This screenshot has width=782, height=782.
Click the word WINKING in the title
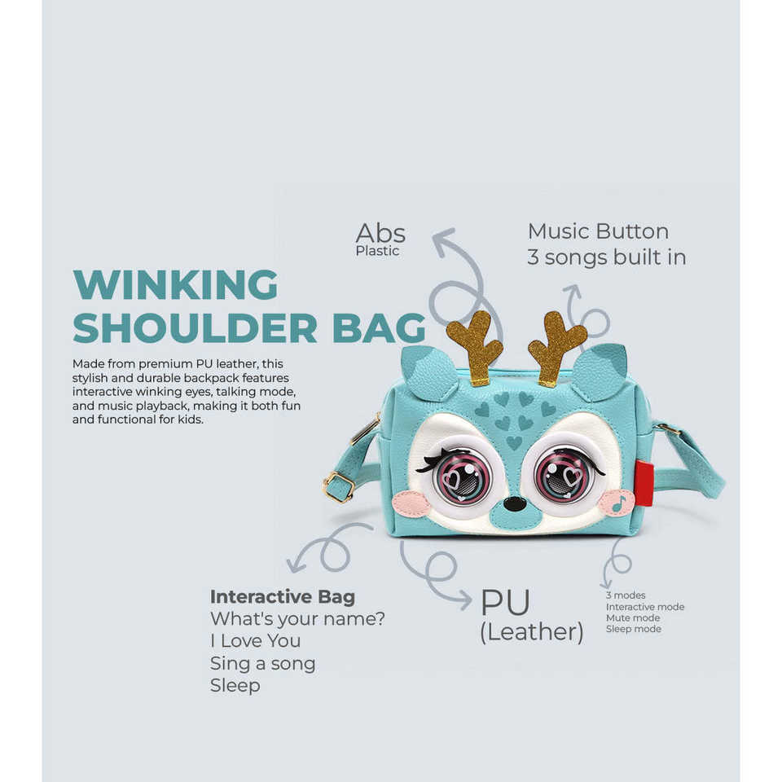coord(175,285)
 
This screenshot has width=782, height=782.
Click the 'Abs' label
coord(380,233)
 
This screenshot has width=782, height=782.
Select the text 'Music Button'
coord(598,231)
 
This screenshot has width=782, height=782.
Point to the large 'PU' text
coord(505,603)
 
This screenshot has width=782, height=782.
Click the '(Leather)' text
coord(531,632)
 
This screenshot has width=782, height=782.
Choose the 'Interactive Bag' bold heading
coord(282,597)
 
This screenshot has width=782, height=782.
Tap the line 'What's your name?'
coord(297,619)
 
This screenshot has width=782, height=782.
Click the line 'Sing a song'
coord(262,663)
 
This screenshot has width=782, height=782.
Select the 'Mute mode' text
coord(633,618)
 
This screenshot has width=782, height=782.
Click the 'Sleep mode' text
coord(633,629)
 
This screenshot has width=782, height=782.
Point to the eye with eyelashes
coord(461,474)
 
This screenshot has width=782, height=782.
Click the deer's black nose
coord(514,503)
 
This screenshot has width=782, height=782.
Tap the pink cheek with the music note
coord(617,503)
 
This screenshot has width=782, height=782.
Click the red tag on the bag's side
coord(644,483)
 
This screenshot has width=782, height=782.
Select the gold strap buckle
coord(338,486)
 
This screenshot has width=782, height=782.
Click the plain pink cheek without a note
coord(411,503)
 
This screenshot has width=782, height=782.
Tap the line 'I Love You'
coord(255,641)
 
